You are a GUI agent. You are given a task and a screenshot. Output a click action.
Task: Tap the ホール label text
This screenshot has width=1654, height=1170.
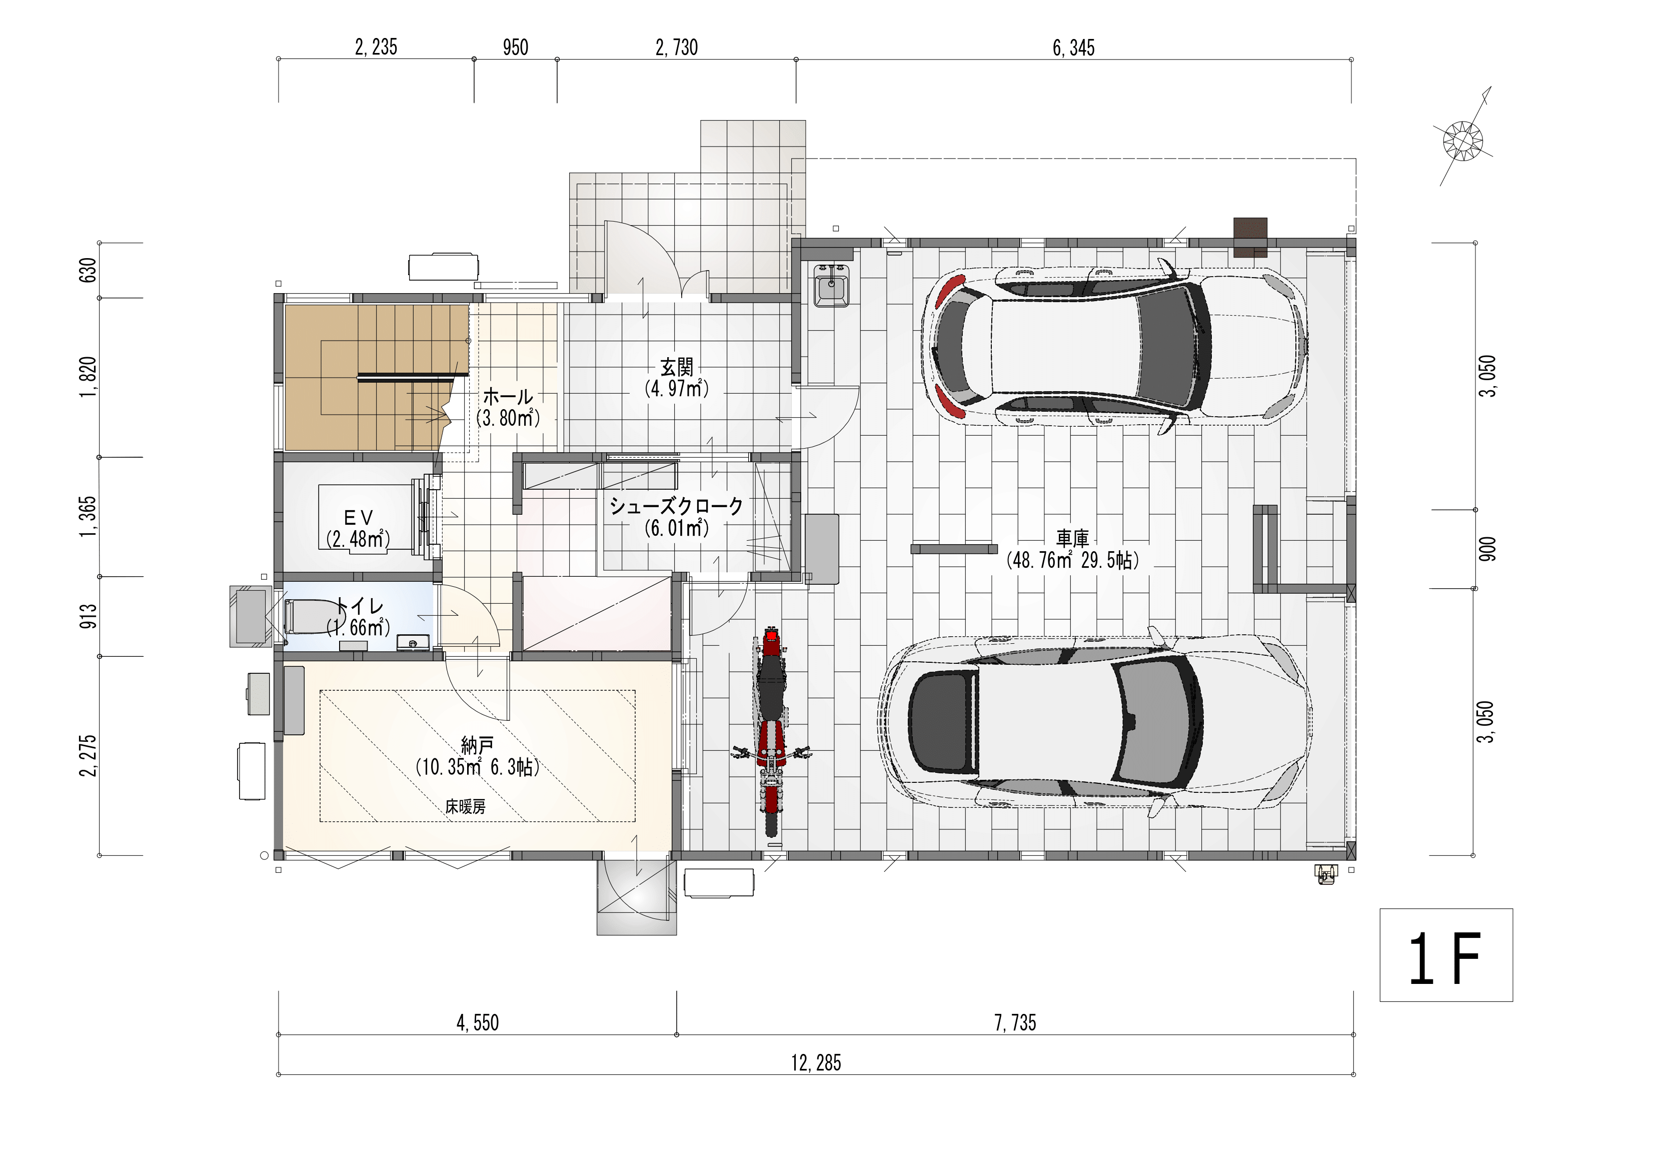point(508,396)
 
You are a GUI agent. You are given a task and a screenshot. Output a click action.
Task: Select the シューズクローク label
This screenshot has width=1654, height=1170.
point(676,506)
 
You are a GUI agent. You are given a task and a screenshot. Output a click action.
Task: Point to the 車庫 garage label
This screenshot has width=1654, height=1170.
point(1073,538)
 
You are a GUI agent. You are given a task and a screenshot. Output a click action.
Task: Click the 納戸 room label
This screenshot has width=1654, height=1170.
point(478,745)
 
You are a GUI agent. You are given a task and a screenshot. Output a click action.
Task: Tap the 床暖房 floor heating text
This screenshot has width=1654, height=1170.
point(465,807)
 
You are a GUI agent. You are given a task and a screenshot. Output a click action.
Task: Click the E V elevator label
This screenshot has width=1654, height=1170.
point(358,517)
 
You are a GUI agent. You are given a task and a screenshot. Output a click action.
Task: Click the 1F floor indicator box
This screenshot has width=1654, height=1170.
point(1446,954)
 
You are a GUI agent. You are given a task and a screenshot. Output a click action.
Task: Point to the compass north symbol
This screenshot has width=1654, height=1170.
point(1463,139)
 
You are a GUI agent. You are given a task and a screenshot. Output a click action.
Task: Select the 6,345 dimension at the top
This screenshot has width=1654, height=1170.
point(1073,48)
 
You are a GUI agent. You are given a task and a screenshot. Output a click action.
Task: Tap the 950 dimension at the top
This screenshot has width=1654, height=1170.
point(516,48)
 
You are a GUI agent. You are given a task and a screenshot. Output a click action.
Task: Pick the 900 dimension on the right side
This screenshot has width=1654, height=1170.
point(1487,549)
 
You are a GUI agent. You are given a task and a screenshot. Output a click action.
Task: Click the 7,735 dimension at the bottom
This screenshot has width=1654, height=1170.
point(1015,1022)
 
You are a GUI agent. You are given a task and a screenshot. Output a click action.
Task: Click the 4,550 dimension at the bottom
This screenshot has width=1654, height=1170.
point(478,1022)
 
